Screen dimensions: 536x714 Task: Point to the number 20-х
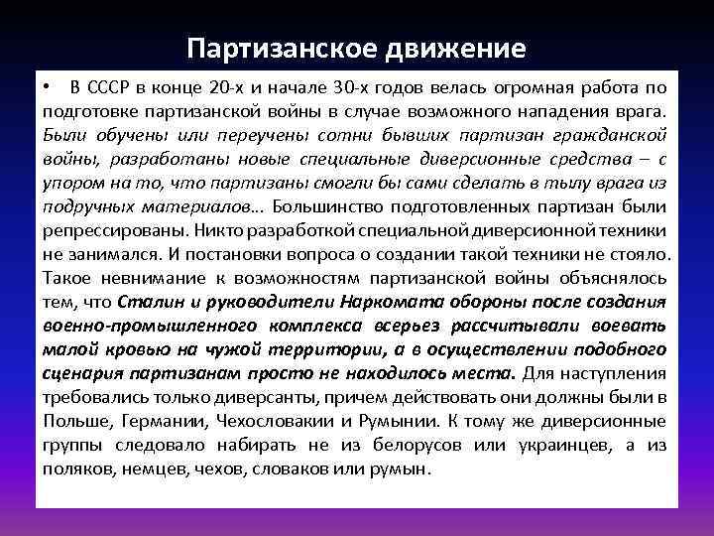[x=240, y=86]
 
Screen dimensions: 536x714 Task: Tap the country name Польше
[x=71, y=420]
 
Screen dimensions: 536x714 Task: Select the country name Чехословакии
[x=271, y=420]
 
